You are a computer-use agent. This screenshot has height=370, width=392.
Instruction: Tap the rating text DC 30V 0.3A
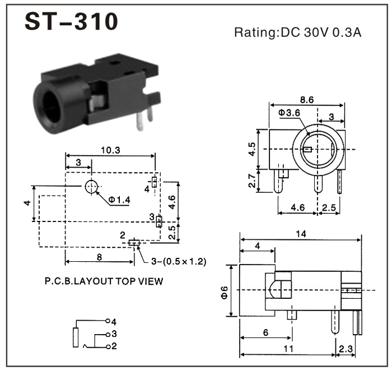pyautogui.click(x=297, y=33)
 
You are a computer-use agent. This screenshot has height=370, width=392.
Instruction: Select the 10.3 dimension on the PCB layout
pyautogui.click(x=110, y=150)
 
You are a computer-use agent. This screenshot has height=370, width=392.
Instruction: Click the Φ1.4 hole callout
pyautogui.click(x=120, y=201)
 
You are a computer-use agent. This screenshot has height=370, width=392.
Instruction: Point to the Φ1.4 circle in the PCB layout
pyautogui.click(x=91, y=187)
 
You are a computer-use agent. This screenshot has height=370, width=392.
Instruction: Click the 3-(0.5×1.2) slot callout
pyautogui.click(x=178, y=261)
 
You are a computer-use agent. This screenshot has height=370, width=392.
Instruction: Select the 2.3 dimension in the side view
pyautogui.click(x=345, y=349)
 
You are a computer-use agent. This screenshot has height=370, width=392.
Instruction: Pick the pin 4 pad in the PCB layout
pyautogui.click(x=155, y=182)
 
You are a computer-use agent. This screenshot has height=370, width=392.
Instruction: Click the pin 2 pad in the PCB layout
pyautogui.click(x=133, y=243)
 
